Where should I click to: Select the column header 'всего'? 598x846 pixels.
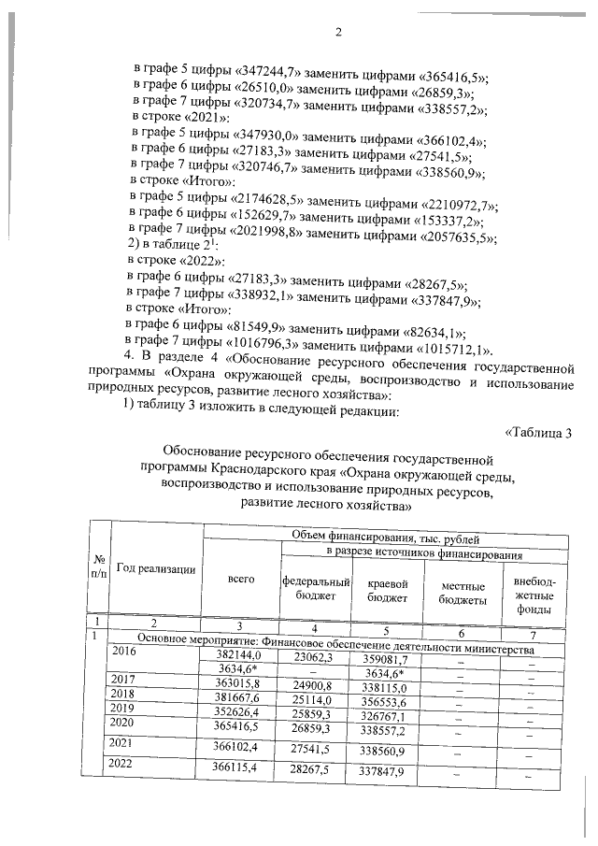(x=241, y=579)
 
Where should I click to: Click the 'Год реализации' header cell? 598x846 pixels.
(x=156, y=569)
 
